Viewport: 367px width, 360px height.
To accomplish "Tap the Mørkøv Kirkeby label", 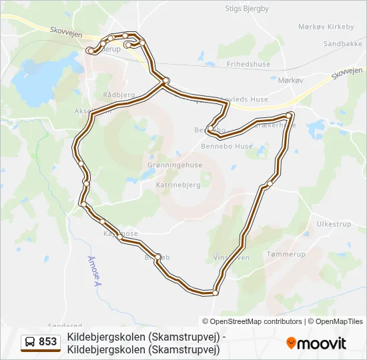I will pyautogui.click(x=326, y=27).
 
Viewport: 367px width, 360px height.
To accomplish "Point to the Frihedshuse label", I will pyautogui.click(x=248, y=65).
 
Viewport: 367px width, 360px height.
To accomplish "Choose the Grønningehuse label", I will pyautogui.click(x=174, y=165).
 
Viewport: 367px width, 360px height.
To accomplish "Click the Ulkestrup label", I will pyautogui.click(x=334, y=224).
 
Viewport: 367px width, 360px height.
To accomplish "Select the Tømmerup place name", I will pyautogui.click(x=286, y=255).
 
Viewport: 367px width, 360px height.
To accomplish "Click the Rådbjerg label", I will pyautogui.click(x=119, y=95).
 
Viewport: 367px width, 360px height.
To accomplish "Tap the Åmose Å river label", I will pyautogui.click(x=93, y=271).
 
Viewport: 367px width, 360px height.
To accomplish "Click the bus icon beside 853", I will pyautogui.click(x=31, y=343).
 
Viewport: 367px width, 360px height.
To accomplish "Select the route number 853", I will pyautogui.click(x=48, y=343).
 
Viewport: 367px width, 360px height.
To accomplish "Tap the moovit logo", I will pyautogui.click(x=316, y=343).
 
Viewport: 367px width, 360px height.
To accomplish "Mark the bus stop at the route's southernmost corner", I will pyautogui.click(x=215, y=293).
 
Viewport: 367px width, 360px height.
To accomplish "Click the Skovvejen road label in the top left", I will pyautogui.click(x=65, y=31).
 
